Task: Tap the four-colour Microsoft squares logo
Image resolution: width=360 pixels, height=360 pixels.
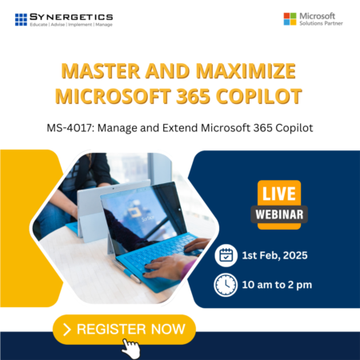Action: [x=290, y=18]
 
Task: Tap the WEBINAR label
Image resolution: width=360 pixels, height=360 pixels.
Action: [x=278, y=214]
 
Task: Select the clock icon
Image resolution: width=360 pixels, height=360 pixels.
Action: [x=226, y=285]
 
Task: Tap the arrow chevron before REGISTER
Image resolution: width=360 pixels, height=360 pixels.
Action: [x=66, y=328]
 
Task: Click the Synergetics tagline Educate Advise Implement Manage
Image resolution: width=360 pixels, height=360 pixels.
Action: [x=70, y=26]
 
